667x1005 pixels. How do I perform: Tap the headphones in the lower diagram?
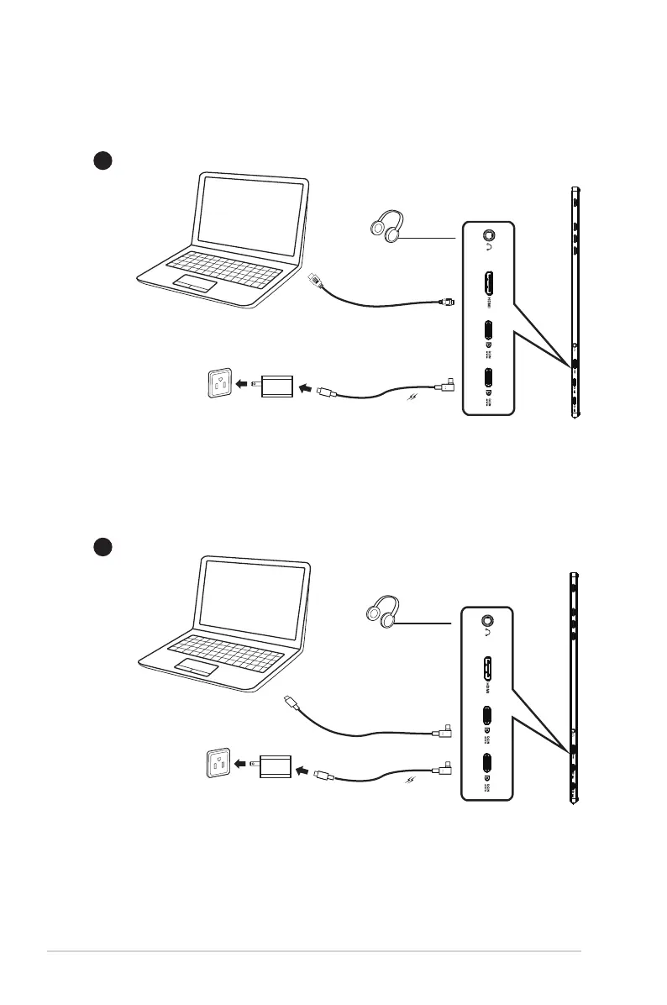point(381,610)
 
